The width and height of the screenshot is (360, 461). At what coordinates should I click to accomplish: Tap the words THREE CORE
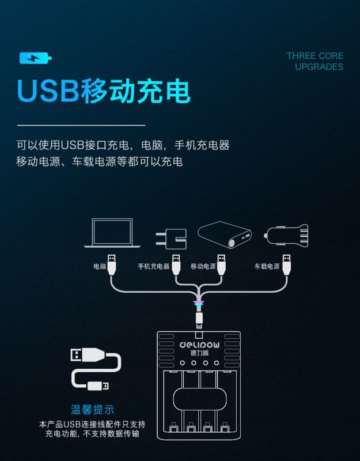click(314, 56)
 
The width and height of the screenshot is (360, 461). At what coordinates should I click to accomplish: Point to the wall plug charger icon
click(171, 237)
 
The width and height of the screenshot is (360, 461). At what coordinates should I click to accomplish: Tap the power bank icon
click(226, 235)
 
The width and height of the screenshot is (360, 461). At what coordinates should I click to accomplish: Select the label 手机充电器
click(153, 267)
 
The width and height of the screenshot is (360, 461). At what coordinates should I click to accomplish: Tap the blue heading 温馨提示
click(89, 410)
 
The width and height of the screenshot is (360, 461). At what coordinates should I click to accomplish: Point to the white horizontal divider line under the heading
click(80, 124)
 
